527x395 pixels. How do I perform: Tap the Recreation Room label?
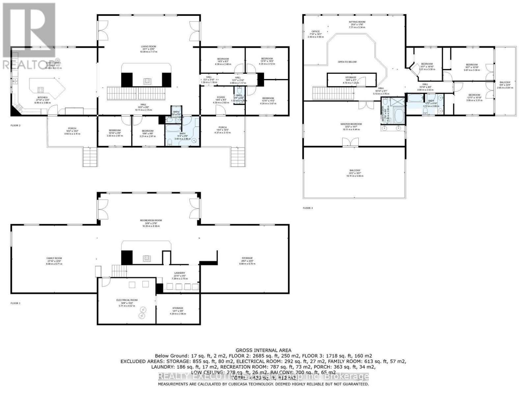point(151,221)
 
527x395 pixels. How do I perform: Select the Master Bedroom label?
point(351,124)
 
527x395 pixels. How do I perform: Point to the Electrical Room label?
point(127,300)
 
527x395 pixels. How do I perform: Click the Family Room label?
point(55,258)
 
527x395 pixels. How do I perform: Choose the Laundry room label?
point(180,273)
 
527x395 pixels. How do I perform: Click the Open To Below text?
point(347,62)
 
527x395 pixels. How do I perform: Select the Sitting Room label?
point(357,22)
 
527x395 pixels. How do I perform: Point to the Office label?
point(316,32)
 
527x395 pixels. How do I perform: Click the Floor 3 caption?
point(308,208)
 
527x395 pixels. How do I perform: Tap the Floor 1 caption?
point(15,303)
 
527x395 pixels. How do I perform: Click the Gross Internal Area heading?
point(263,351)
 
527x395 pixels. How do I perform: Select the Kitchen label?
point(42,97)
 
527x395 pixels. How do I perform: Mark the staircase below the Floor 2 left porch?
point(90,157)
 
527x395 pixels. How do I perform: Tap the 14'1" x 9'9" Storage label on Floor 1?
point(178,308)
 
